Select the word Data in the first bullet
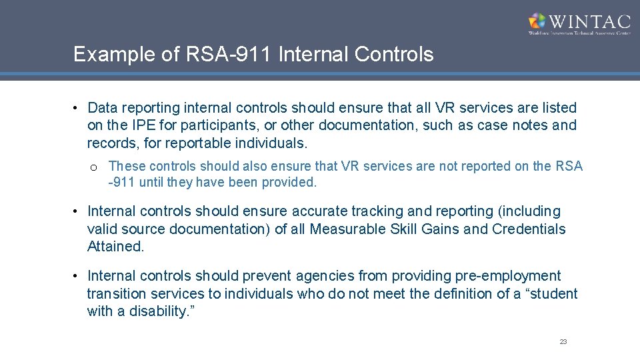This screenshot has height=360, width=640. point(102,107)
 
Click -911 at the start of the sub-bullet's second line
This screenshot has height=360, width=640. point(122,182)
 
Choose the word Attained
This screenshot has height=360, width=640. point(115,247)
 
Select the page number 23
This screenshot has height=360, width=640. point(563,341)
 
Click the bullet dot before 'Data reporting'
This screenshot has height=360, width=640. point(77,107)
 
